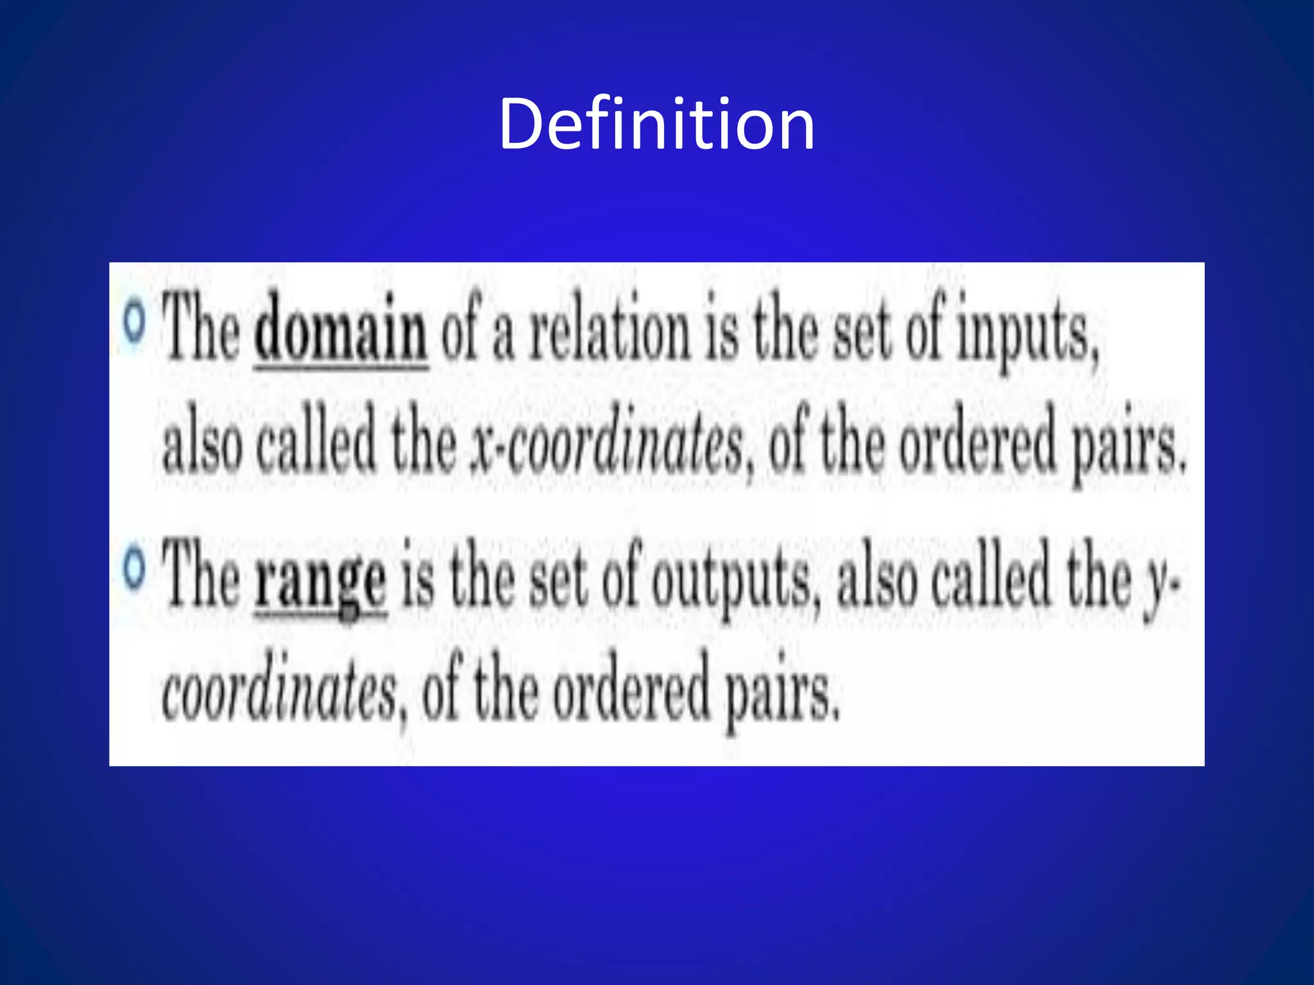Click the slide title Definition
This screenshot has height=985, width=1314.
pos(656,124)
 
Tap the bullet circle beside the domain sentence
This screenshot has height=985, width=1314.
pos(134,323)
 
